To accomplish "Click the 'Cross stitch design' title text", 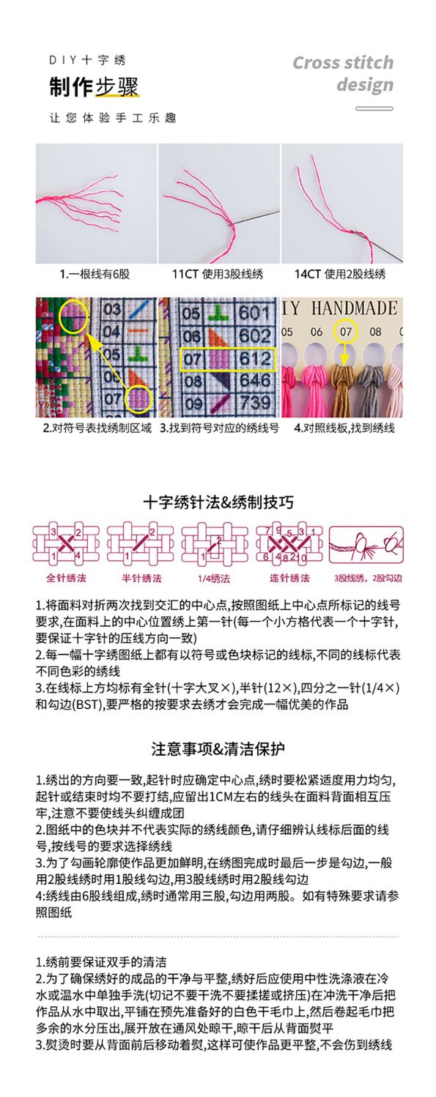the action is click(x=344, y=73).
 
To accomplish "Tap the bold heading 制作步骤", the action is click(x=94, y=88).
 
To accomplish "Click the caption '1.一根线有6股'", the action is click(x=95, y=274).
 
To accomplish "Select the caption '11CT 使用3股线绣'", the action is click(x=218, y=274).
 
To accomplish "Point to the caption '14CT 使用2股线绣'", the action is click(x=340, y=274).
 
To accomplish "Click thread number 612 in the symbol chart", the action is click(x=255, y=358).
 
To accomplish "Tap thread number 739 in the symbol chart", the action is click(x=255, y=403).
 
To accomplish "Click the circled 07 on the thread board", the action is click(x=346, y=332).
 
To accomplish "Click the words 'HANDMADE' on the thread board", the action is click(x=354, y=308).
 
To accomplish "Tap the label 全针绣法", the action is click(x=66, y=578).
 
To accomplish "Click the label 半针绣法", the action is click(x=141, y=578).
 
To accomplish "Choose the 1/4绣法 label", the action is click(x=214, y=579).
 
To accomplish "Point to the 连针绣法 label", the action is click(x=289, y=578).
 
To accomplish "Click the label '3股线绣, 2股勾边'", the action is click(x=368, y=578).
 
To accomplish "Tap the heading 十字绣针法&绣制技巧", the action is click(x=218, y=502).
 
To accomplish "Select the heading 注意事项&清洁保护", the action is click(x=218, y=749).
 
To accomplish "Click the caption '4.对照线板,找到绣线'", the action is click(x=344, y=428).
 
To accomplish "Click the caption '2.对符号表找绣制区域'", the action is click(x=97, y=428).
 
